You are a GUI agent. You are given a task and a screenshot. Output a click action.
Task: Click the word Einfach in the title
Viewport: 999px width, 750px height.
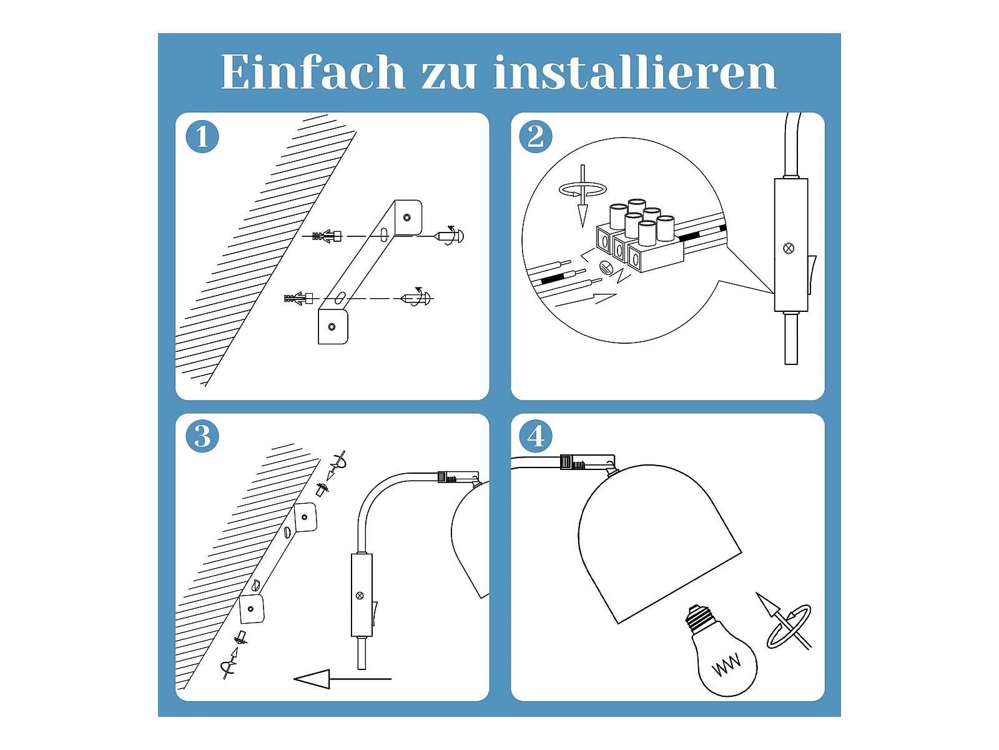coord(313,71)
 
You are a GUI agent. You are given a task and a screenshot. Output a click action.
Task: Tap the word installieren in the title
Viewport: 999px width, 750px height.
coord(635,71)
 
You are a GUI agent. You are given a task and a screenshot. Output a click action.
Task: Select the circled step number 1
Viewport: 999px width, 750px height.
coord(202,137)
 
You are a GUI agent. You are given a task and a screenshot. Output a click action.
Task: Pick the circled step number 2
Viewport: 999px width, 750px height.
coord(536,137)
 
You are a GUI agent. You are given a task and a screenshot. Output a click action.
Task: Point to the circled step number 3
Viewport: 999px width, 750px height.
coord(202,436)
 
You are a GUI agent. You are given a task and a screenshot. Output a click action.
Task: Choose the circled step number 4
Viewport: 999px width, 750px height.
coord(536,436)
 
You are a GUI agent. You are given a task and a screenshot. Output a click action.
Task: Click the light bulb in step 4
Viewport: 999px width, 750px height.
coord(721,651)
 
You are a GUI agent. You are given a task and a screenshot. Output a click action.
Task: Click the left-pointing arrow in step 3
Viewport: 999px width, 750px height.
coord(342,679)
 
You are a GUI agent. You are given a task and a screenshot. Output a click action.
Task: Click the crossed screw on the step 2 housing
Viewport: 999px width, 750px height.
coord(789,248)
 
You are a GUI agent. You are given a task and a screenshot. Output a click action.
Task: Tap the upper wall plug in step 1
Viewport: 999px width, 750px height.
coord(327,236)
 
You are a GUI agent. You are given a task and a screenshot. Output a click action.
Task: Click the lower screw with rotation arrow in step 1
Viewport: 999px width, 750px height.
coord(416,298)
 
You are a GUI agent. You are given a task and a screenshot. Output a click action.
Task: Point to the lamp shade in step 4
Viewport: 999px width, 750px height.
coord(659,542)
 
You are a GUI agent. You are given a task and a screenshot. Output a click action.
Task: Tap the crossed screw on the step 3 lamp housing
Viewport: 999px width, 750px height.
coord(360,596)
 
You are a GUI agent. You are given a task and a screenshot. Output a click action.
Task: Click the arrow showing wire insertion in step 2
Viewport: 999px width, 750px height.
coord(586,301)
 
